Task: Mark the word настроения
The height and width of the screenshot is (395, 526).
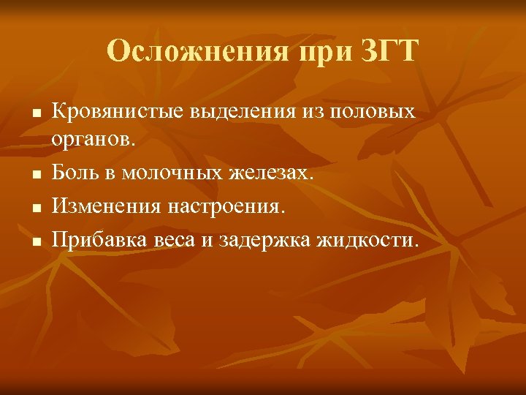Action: click(x=228, y=207)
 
